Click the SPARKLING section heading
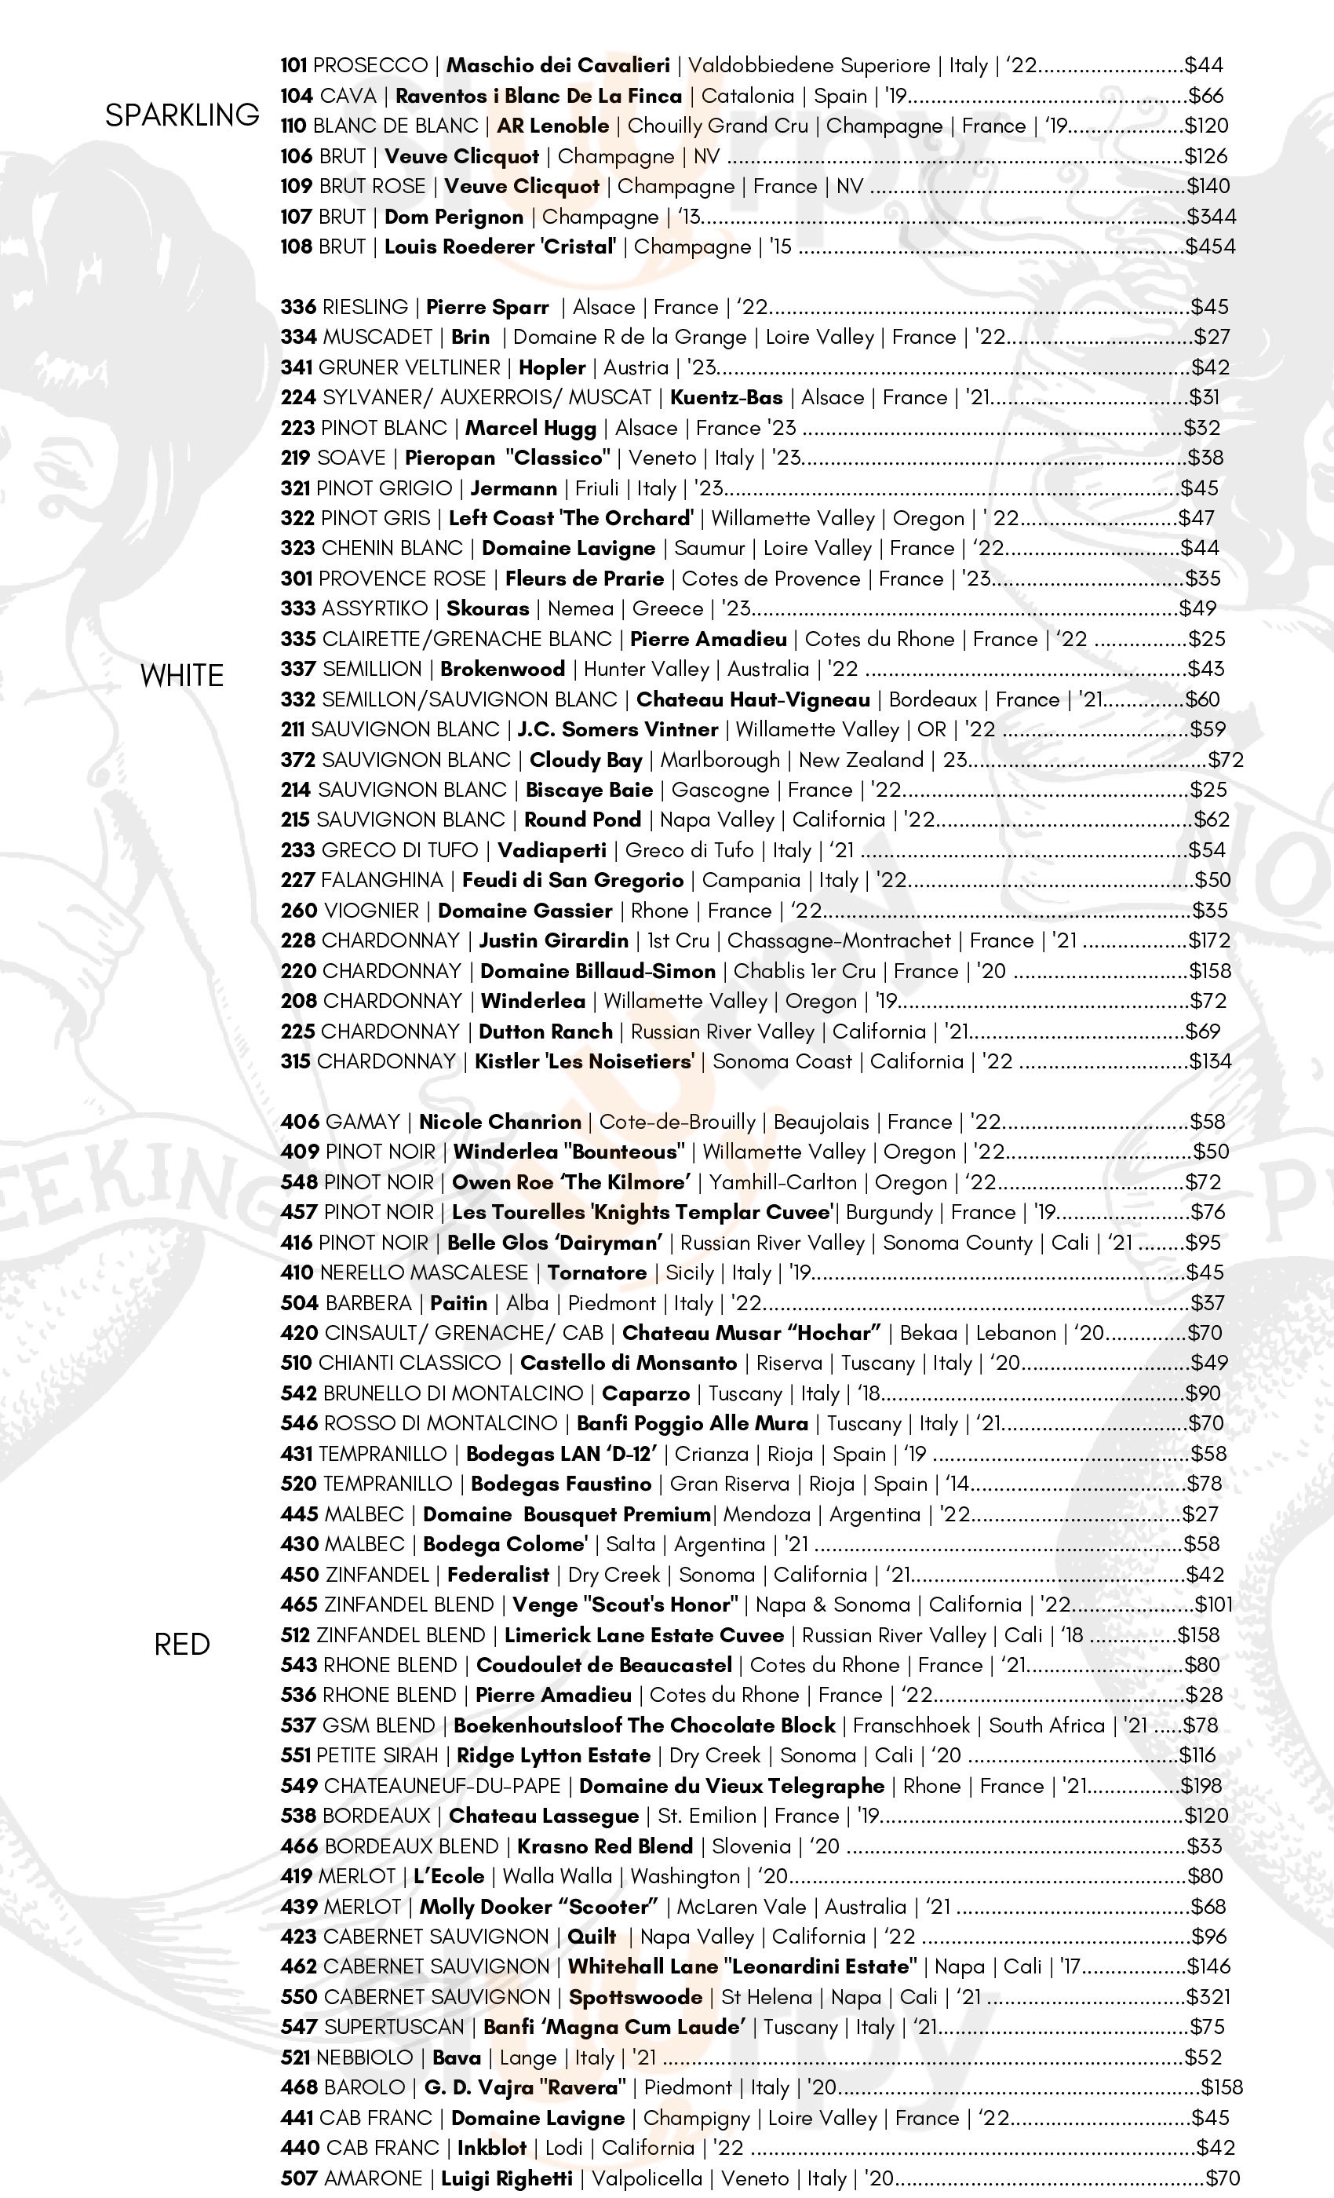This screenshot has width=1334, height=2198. [x=182, y=115]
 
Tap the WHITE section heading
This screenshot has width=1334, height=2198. [x=182, y=675]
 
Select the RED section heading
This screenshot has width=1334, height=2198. [x=182, y=1643]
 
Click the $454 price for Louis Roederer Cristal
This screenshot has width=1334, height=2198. [x=1210, y=246]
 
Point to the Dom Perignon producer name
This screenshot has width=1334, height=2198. [x=454, y=217]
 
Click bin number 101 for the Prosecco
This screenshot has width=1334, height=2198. [x=294, y=65]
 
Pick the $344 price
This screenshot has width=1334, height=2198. [x=1211, y=217]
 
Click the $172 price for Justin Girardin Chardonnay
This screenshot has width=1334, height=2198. [x=1209, y=940]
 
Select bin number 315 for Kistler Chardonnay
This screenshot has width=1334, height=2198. [x=296, y=1061]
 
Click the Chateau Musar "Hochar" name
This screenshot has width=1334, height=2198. [x=751, y=1333]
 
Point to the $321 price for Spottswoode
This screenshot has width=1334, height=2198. [x=1208, y=1996]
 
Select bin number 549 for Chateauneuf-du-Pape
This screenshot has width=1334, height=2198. [x=299, y=1785]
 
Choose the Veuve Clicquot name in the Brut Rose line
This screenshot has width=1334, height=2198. [x=522, y=187]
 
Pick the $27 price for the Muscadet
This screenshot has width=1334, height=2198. [x=1212, y=338]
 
